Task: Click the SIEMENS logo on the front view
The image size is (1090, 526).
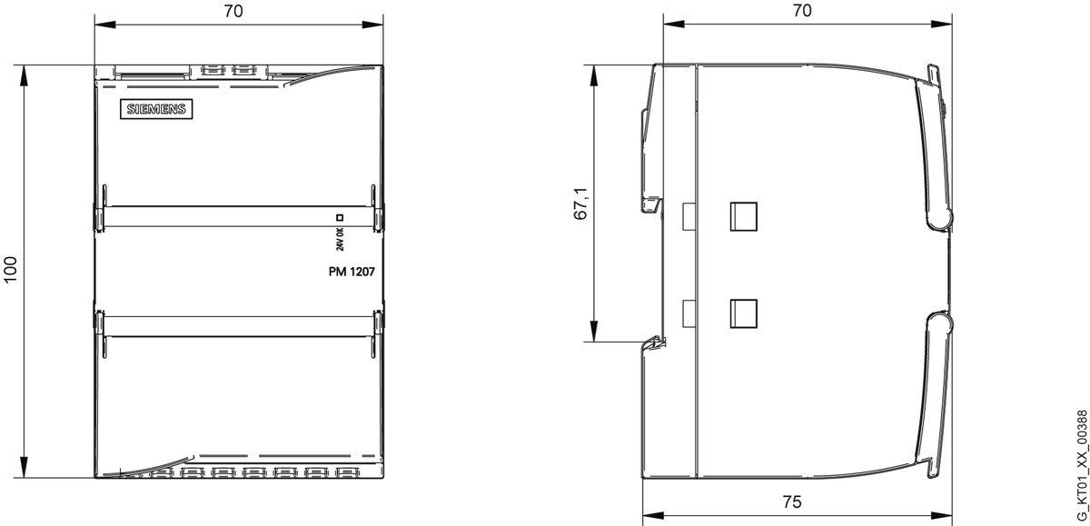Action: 156,109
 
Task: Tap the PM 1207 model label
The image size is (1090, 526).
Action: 352,272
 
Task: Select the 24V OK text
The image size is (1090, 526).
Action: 340,239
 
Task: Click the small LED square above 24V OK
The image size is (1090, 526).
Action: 340,217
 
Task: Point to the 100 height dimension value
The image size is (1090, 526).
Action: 10,269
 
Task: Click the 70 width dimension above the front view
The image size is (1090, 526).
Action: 233,11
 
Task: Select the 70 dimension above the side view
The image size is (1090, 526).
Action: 802,10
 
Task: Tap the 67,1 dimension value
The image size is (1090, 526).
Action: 581,203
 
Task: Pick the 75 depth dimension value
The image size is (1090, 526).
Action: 792,501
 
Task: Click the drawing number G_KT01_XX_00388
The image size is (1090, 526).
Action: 1081,465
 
